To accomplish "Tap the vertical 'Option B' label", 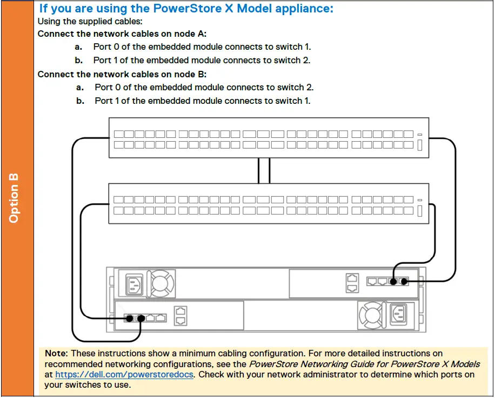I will (14, 197).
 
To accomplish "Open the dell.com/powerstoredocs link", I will (124, 374).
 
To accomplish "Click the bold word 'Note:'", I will (56, 353).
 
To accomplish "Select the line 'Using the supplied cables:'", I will (83, 22).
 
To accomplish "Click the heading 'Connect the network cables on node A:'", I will (122, 34).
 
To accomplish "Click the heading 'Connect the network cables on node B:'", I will (122, 75).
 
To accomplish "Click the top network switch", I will (269, 138).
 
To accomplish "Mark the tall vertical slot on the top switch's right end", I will (420, 145).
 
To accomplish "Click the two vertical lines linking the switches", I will (264, 170).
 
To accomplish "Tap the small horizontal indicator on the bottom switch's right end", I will (420, 200).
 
